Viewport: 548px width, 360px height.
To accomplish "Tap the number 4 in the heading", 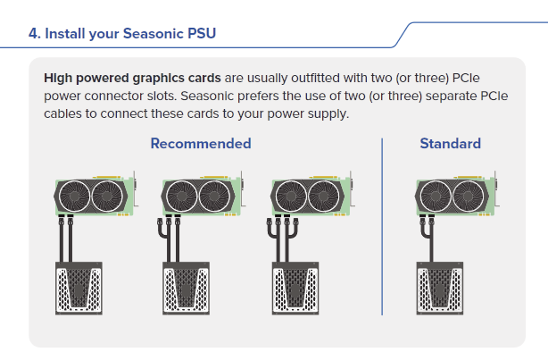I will click(33, 35).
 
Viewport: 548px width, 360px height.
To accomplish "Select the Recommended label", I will click(201, 143).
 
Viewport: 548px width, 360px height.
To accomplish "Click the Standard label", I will click(450, 143).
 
